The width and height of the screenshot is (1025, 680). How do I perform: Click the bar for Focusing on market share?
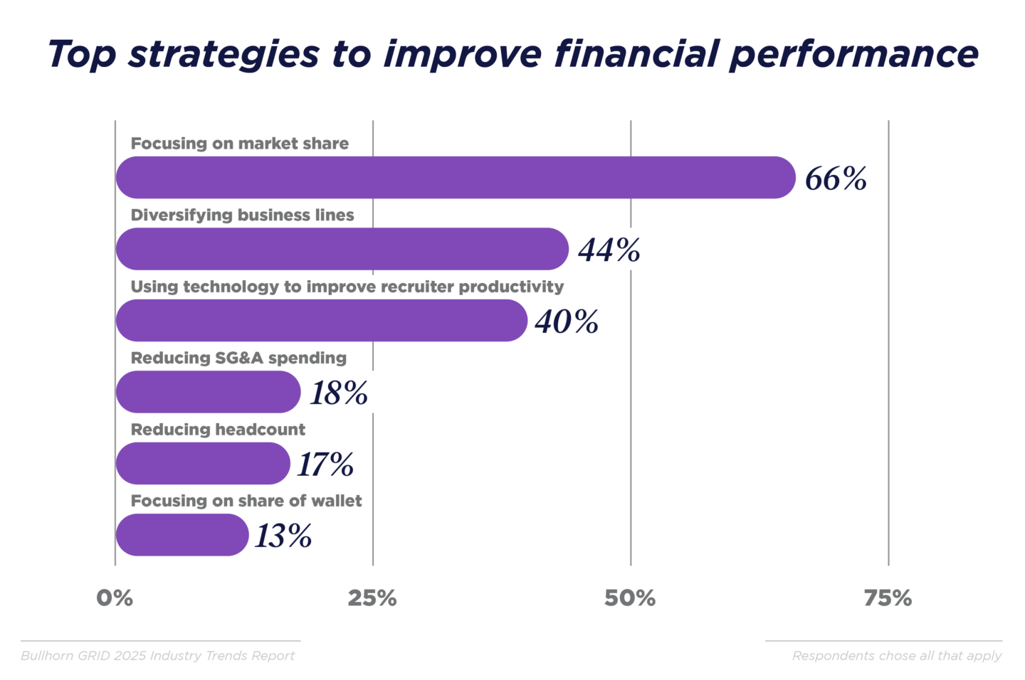[456, 177]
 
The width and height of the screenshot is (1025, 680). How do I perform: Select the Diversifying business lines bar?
[342, 249]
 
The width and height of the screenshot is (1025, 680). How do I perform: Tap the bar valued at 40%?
[321, 320]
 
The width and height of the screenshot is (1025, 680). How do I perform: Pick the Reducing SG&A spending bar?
[208, 392]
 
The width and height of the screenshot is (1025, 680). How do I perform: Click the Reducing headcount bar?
[203, 463]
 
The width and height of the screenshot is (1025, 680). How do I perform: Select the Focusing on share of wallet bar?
[182, 535]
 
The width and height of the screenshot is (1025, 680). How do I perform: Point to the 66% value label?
[836, 179]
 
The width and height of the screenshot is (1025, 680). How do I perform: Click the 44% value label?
[609, 250]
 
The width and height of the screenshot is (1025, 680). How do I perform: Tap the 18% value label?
[339, 393]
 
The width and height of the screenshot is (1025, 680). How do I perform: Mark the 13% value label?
[283, 536]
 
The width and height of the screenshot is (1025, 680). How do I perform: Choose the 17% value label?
[325, 464]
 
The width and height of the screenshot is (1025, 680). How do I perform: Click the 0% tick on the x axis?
[115, 598]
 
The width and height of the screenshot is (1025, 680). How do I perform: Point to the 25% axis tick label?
[372, 598]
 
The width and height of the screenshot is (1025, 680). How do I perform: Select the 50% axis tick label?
[630, 598]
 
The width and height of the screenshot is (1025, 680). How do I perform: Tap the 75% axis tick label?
[888, 598]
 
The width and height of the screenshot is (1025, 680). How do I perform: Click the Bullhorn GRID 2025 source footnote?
[157, 656]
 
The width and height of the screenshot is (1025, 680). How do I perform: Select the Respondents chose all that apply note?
[897, 656]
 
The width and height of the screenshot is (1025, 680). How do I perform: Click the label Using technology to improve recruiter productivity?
[347, 287]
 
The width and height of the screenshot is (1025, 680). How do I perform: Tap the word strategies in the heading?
[224, 55]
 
